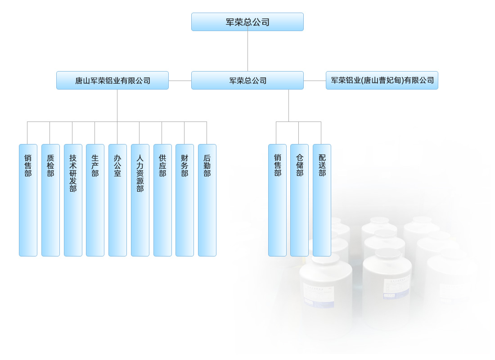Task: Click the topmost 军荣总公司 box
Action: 247,22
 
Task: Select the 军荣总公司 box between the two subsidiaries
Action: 247,81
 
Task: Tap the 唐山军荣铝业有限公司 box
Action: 112,81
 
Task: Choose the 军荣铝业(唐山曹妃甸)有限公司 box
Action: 382,81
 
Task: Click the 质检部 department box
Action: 50,200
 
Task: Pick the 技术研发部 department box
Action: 73,200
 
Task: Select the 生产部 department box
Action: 95,200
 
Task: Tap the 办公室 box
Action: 117,200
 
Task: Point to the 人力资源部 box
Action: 140,200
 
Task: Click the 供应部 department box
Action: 162,200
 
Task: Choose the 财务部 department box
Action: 184,200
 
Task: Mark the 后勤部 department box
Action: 207,200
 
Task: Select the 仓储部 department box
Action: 299,200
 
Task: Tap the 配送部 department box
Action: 322,200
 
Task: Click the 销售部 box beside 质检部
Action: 28,200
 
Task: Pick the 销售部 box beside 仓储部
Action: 277,200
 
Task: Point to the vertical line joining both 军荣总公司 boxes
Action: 247,51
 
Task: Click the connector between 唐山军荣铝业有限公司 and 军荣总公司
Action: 180,81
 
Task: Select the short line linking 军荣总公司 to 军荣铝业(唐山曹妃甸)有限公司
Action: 315,81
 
